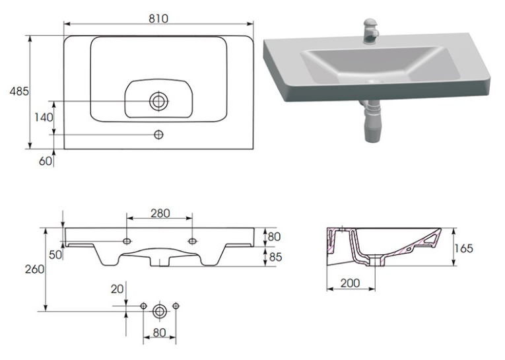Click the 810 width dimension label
coord(158,18)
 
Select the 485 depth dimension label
coord(19,92)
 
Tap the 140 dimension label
coord(44,118)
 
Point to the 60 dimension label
coord(45,161)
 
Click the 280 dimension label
coord(160,213)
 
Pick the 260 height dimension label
coord(34,269)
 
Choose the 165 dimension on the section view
coord(463,248)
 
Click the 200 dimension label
coord(350,283)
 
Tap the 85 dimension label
coord(275,257)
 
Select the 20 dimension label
coord(118,289)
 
